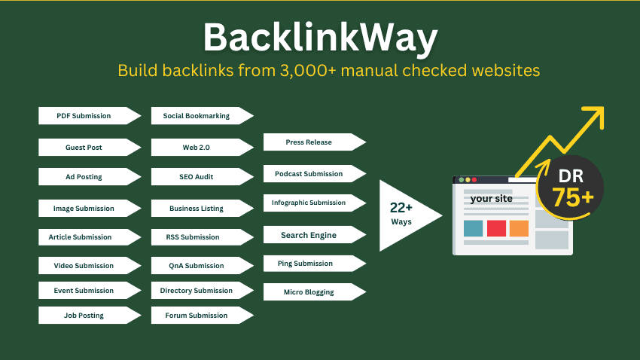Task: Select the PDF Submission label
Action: [x=84, y=116]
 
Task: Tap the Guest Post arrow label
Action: [x=84, y=148]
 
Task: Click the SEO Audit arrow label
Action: [x=196, y=177]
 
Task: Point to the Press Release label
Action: [x=309, y=142]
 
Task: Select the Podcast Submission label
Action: [x=309, y=174]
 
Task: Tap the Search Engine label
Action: [x=309, y=235]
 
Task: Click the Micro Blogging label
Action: [x=309, y=292]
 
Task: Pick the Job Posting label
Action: [x=84, y=316]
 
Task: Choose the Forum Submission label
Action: [x=196, y=316]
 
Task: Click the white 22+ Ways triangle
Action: [x=403, y=215]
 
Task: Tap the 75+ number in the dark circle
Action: [x=572, y=198]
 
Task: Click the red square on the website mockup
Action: [x=496, y=228]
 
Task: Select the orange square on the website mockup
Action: [x=519, y=228]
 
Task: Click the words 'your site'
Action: [x=491, y=200]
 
